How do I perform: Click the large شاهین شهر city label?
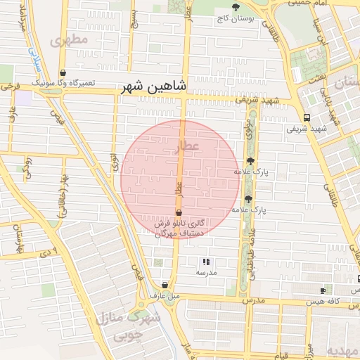coord(154,86)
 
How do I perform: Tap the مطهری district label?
coord(70,39)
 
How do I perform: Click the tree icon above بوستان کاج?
coord(236,6)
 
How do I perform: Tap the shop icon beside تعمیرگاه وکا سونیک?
coord(63,73)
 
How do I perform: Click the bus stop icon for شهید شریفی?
coord(306,118)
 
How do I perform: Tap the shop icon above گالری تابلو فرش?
coord(179,212)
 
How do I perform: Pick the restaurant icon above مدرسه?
coord(205,262)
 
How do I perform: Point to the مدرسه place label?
coord(206,272)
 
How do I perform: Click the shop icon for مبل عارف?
coord(165,285)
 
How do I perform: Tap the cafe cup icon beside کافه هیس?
coord(323,290)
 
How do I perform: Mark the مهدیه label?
coord(345,351)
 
